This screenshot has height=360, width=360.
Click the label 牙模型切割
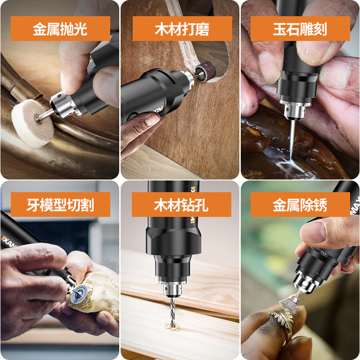[60, 205]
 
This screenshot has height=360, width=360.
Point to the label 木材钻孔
[181, 205]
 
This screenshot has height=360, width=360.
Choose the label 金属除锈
[300, 205]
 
